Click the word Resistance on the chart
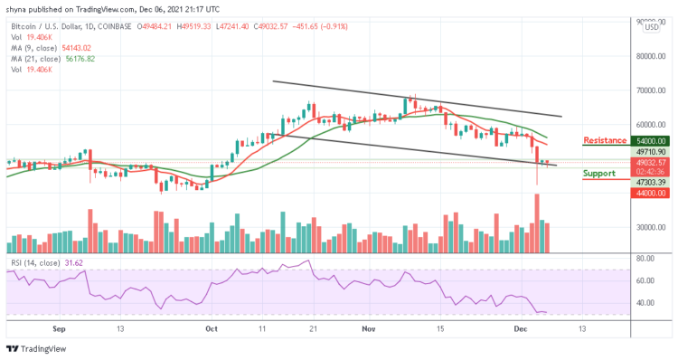coord(604,140)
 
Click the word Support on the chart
coord(599,172)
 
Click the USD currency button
coord(651,26)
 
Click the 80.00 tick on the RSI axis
coord(645,258)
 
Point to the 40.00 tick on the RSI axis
coord(645,305)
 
